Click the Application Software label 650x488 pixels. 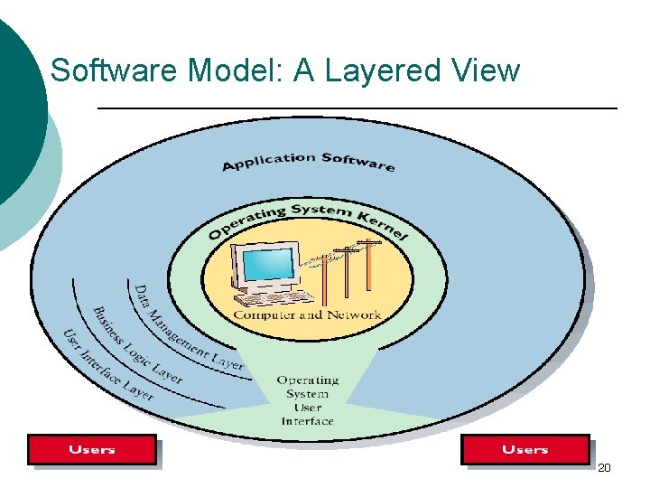(x=308, y=162)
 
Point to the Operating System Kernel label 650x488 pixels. (x=307, y=219)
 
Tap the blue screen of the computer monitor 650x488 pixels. (x=266, y=265)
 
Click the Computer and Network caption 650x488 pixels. (x=307, y=315)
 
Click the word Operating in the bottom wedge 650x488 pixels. (x=307, y=380)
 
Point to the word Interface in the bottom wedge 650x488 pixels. (x=307, y=421)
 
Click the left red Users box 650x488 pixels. (x=91, y=449)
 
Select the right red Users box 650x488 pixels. (x=525, y=449)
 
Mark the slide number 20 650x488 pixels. (x=604, y=468)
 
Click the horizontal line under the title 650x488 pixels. (x=357, y=108)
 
